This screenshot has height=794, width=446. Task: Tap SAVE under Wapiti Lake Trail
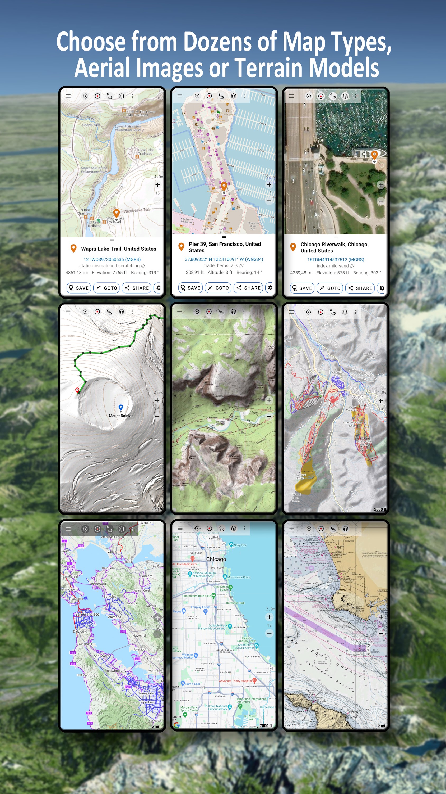point(79,288)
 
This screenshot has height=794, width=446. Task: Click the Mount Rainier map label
point(121,416)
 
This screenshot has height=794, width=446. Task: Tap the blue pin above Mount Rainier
point(121,408)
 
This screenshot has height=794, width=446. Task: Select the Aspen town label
point(359,397)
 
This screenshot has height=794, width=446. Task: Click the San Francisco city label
point(87,614)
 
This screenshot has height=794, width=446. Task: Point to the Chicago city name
point(216,559)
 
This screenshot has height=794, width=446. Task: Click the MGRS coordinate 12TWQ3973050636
point(112,260)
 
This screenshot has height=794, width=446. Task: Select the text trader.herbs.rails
point(221,265)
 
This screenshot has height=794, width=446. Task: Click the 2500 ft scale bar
point(380,509)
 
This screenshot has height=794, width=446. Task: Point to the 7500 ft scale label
point(266,725)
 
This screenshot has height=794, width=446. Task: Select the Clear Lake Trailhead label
point(146,152)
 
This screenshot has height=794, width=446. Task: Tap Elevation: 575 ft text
point(332,273)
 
